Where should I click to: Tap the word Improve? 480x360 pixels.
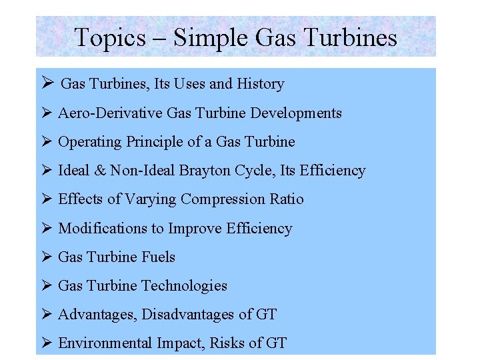click(x=195, y=229)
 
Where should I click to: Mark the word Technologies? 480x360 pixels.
click(x=185, y=286)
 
